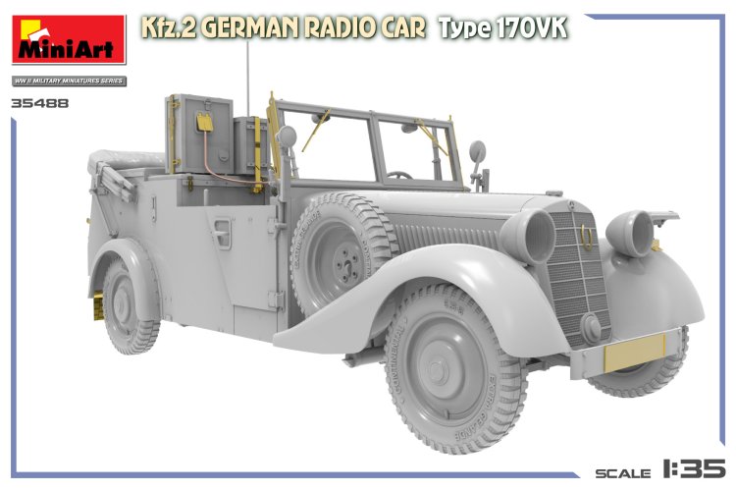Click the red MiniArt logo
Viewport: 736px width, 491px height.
click(68, 42)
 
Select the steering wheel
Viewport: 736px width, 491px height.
click(398, 175)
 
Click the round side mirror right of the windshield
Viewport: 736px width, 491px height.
click(478, 152)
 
